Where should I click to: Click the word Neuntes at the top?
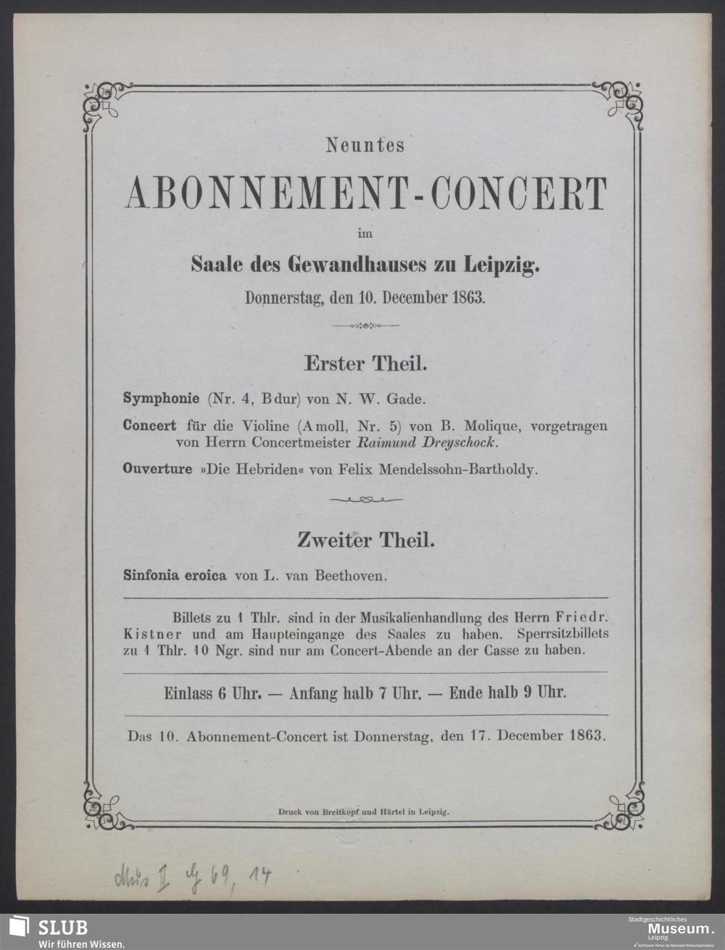pyautogui.click(x=365, y=146)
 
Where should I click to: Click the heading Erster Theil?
pyautogui.click(x=365, y=363)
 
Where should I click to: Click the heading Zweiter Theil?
pyautogui.click(x=365, y=540)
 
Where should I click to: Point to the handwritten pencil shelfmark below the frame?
pyautogui.click(x=192, y=879)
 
